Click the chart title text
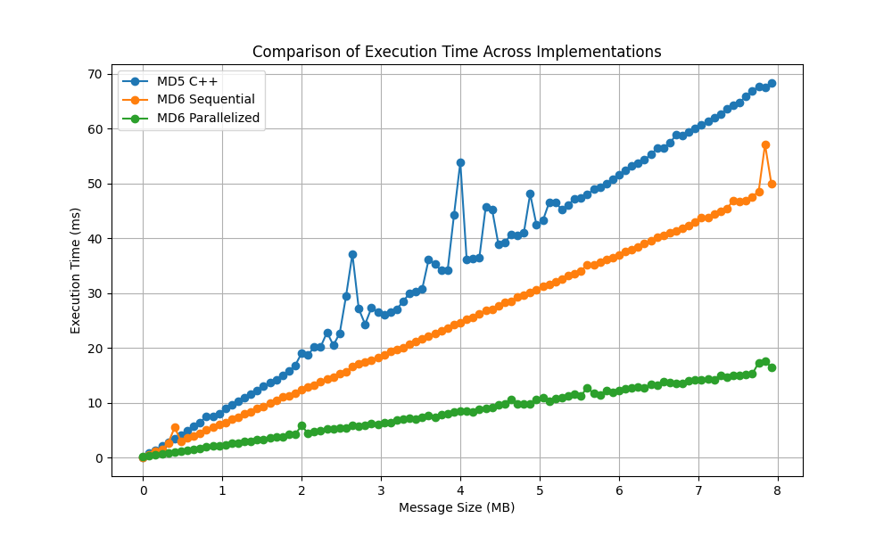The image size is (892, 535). point(457,52)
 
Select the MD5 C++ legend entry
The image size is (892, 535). point(187,82)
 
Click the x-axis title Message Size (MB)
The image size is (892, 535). point(457,507)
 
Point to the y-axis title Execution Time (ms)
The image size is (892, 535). point(76,270)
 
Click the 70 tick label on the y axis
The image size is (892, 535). point(94,74)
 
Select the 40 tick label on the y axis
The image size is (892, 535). point(94,238)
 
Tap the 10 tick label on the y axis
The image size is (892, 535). point(94,403)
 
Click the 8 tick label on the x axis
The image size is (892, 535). point(778,490)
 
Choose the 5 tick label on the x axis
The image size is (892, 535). point(540,490)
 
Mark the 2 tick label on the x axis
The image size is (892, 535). point(301,490)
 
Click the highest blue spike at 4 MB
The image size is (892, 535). point(460,162)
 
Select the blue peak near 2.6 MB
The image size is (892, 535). point(352,254)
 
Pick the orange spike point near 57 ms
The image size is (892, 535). point(765,144)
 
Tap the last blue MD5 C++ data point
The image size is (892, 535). point(772,83)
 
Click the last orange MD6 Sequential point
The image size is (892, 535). point(772,184)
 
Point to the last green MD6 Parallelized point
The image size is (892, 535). point(772,367)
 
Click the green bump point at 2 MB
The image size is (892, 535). point(301,426)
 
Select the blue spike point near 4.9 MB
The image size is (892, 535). point(530,193)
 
